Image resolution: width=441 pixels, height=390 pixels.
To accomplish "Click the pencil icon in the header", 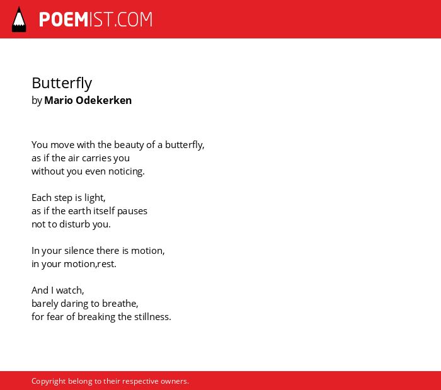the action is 19,20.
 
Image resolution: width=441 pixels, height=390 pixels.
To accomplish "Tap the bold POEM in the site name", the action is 64,20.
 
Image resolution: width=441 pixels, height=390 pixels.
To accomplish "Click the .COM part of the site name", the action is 133,20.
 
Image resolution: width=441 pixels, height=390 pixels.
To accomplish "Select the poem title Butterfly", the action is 62,83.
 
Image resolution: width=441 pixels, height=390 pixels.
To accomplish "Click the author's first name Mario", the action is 59,100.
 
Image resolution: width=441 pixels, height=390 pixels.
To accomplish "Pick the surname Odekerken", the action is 103,100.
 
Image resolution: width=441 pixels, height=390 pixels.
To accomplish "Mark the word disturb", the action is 74,224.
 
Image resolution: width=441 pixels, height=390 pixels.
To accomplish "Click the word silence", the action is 79,251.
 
